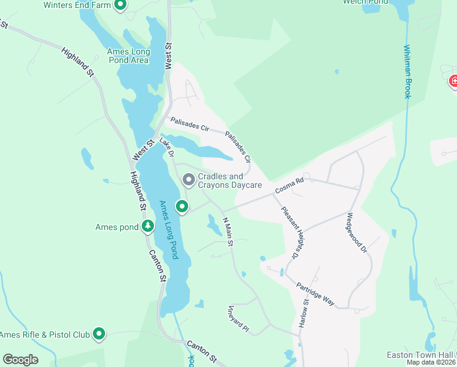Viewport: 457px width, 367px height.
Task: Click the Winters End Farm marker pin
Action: point(120,6)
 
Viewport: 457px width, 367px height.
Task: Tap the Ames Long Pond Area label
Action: point(128,56)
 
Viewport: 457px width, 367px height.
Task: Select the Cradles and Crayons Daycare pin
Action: point(189,180)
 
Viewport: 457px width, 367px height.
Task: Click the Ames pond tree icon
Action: point(147,227)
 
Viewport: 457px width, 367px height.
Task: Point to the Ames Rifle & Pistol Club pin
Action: point(98,334)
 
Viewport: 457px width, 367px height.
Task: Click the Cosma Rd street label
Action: point(289,187)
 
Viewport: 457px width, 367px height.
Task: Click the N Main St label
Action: point(228,232)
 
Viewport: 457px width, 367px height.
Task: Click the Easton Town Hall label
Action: point(420,355)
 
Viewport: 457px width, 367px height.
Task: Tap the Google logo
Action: point(20,360)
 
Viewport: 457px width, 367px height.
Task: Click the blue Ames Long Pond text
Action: point(168,229)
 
